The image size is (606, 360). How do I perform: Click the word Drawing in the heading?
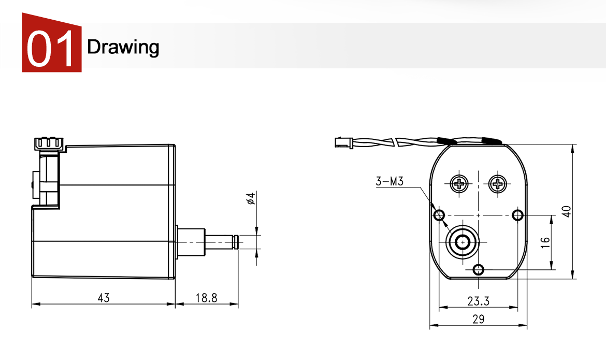click(123, 47)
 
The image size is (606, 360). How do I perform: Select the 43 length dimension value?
click(104, 298)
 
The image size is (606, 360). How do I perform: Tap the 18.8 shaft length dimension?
click(206, 298)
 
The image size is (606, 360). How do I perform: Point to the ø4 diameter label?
click(251, 198)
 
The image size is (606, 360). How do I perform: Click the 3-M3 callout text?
click(389, 181)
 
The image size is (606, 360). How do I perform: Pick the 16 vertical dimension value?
click(545, 242)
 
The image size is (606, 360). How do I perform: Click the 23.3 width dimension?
click(478, 301)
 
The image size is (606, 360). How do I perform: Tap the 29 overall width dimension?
click(478, 319)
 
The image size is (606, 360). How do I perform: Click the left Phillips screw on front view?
click(459, 183)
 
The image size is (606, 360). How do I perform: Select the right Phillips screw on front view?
click(498, 183)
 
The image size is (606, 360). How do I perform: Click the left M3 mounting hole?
click(439, 215)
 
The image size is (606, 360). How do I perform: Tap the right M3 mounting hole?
click(517, 215)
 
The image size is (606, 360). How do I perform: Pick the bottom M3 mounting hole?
click(479, 269)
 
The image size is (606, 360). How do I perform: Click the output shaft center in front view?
click(462, 241)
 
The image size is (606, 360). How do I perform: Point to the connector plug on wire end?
click(342, 141)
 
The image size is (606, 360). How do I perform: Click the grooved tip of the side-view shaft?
click(236, 241)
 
